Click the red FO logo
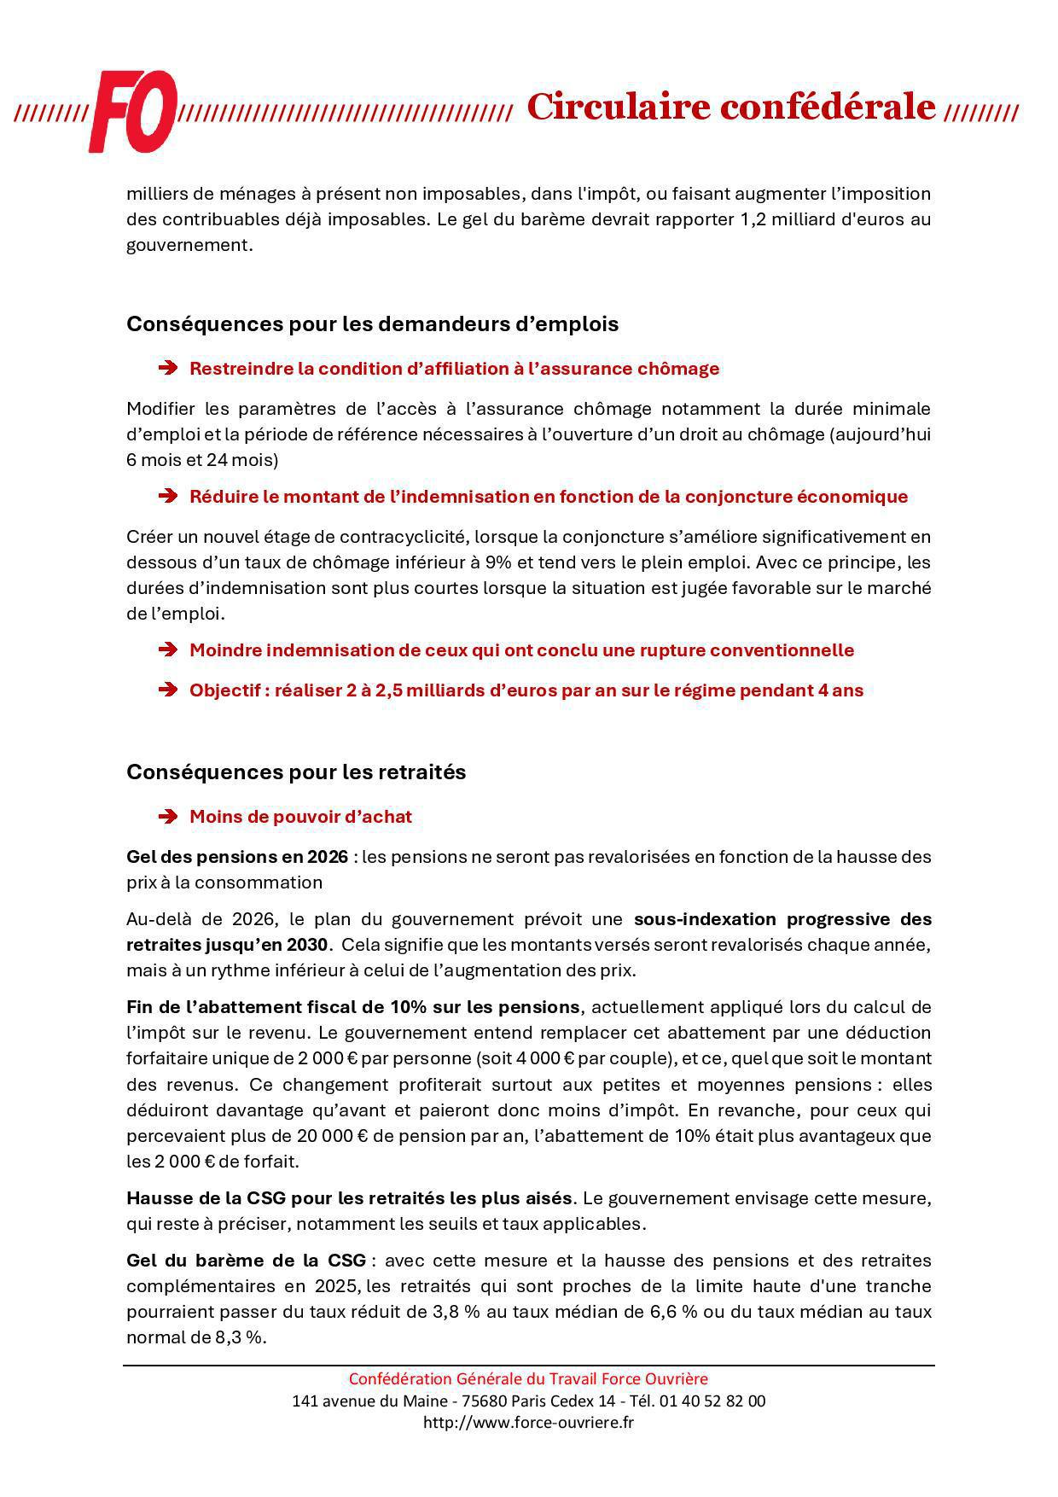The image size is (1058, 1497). pos(133,112)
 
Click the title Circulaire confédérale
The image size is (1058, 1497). pos(731,108)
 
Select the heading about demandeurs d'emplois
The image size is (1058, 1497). pos(372,324)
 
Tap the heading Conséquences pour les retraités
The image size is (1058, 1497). pos(296,772)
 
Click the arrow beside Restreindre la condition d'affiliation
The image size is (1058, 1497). pos(168,368)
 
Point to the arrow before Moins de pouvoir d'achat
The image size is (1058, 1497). pos(168,816)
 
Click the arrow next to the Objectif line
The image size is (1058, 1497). pos(168,690)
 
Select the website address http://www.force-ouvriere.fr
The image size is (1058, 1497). pos(528,1422)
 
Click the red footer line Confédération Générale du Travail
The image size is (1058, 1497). pos(528,1378)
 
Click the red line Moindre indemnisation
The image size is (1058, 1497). pos(521,649)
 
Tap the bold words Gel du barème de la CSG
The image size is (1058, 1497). pos(246,1260)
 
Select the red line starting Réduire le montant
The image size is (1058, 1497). pos(548,496)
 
